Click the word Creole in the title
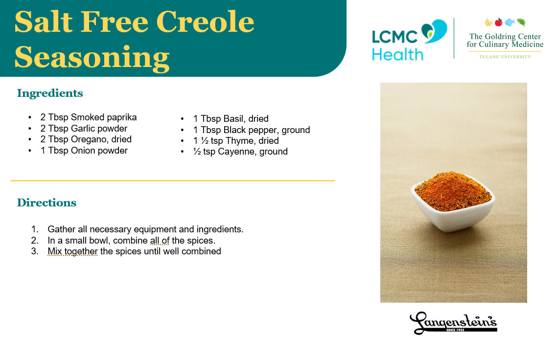tap(205, 22)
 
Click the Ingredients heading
tap(50, 93)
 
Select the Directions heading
tap(47, 202)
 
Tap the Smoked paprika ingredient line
tap(89, 117)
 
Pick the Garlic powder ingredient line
tap(84, 128)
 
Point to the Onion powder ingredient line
tap(84, 151)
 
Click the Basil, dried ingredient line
tap(231, 118)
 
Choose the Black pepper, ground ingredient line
tap(252, 130)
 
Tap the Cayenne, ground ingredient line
tap(240, 152)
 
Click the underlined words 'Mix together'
tap(72, 251)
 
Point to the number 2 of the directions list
tap(34, 240)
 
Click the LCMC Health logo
tap(409, 40)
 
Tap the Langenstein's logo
tap(453, 323)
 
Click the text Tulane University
tap(505, 57)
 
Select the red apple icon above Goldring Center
tap(499, 22)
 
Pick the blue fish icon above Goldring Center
tap(510, 22)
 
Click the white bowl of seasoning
tap(453, 202)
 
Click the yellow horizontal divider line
tap(173, 180)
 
